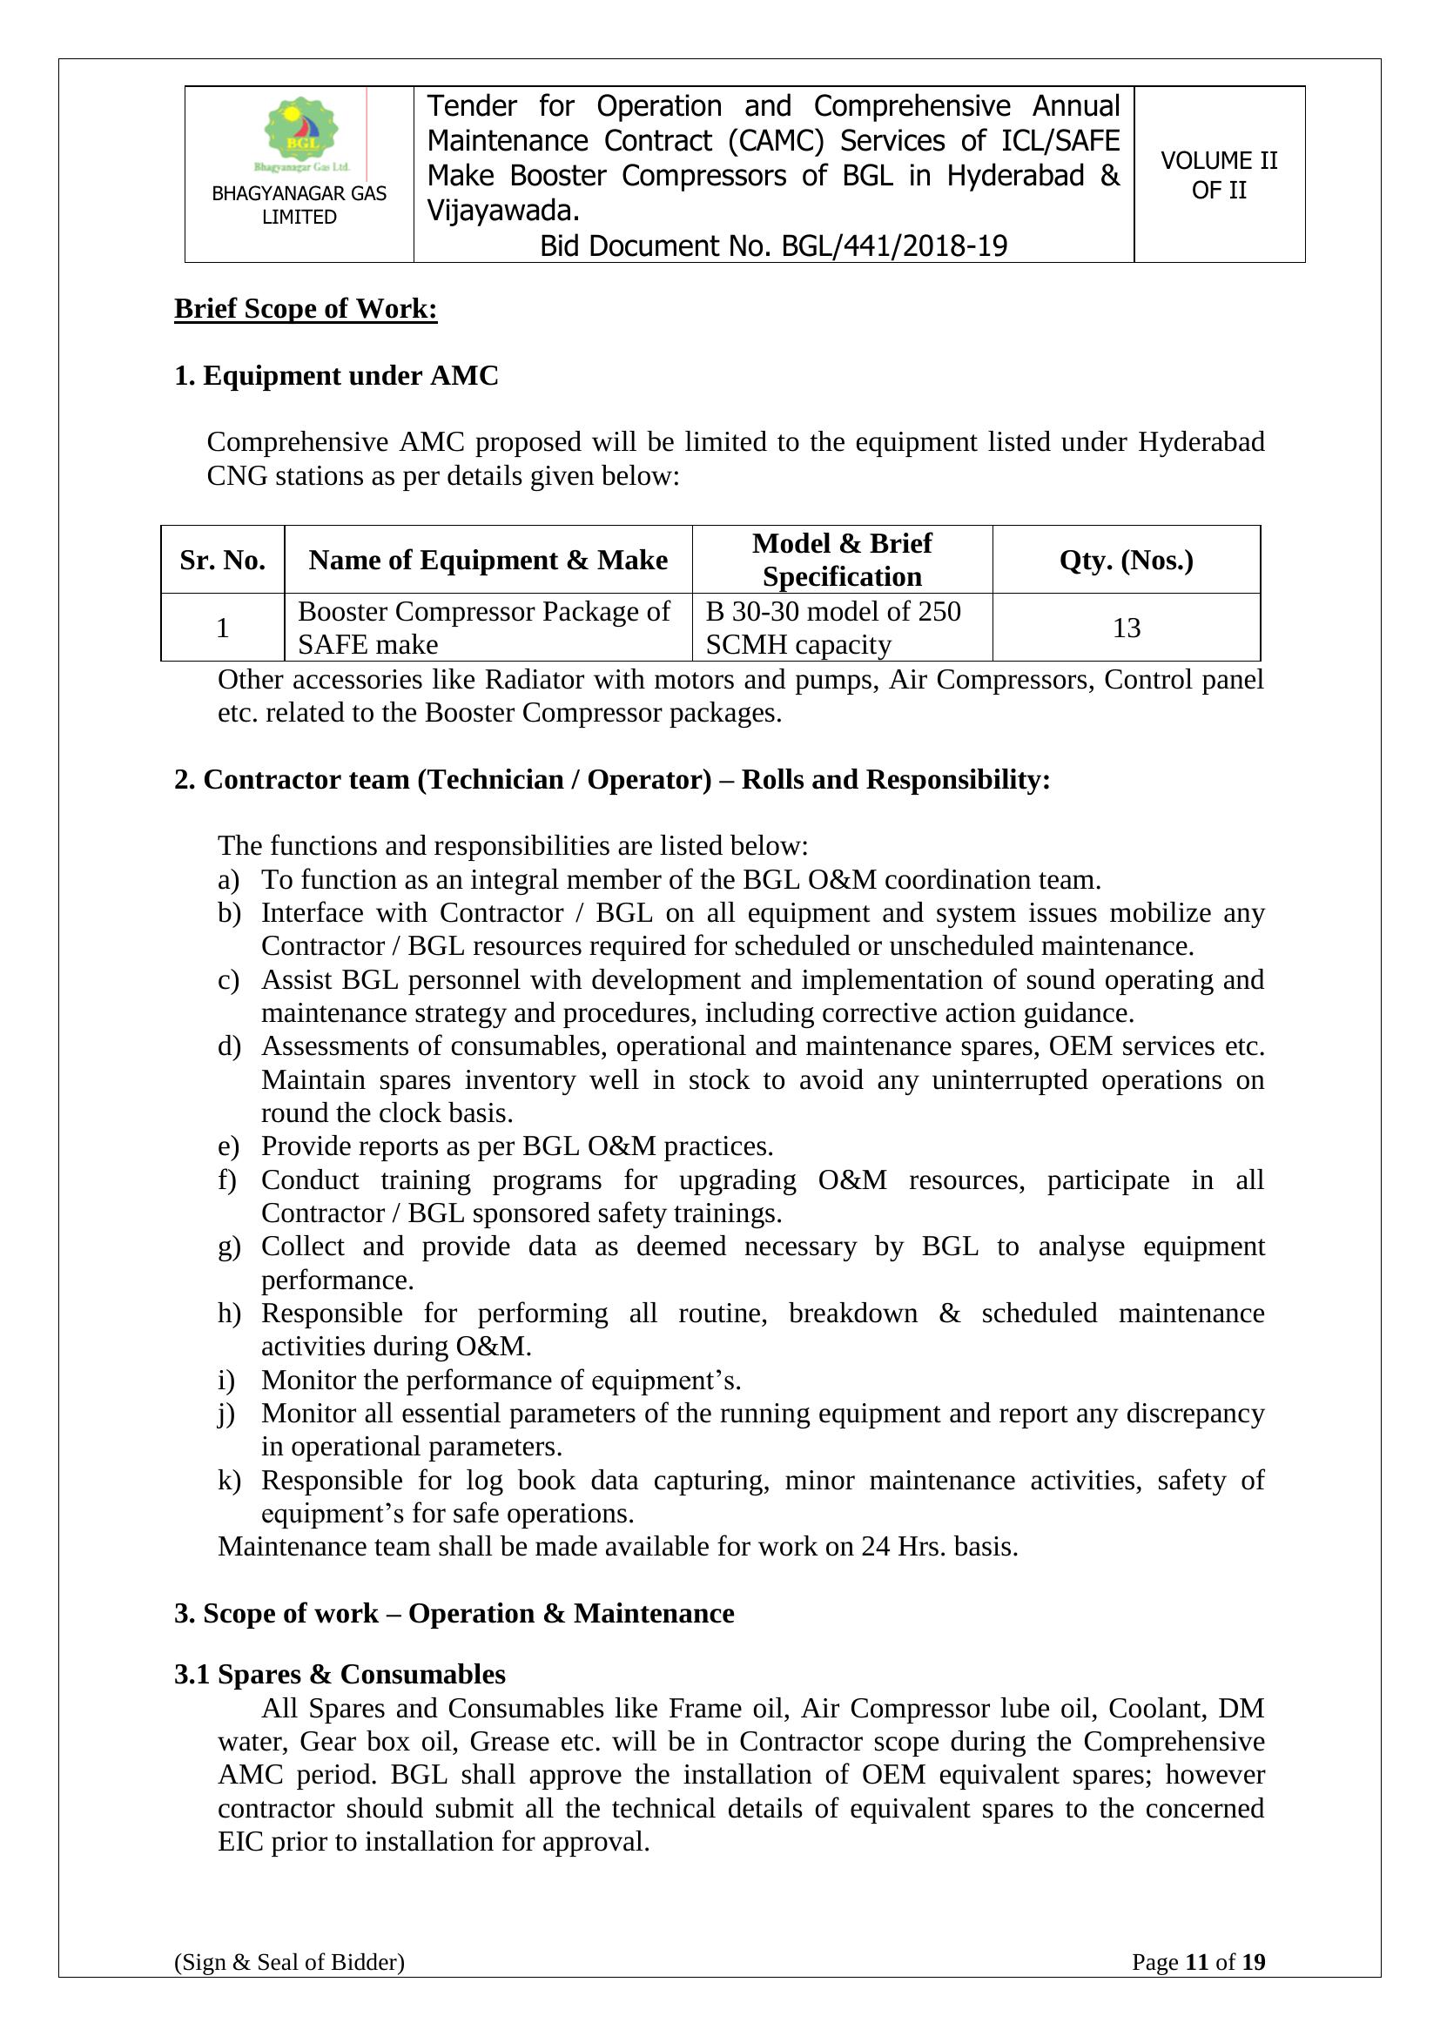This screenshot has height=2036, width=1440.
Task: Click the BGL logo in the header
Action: [301, 133]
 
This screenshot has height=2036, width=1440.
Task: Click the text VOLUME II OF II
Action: [1219, 176]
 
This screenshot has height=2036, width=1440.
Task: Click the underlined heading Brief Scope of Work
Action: [305, 309]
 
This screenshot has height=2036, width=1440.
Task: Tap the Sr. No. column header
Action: [223, 561]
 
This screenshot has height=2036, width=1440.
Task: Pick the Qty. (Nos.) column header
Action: [1126, 561]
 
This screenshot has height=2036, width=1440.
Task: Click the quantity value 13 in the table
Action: [1126, 628]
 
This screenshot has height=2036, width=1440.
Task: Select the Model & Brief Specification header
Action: [842, 560]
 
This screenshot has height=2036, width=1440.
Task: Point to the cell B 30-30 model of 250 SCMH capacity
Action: [832, 628]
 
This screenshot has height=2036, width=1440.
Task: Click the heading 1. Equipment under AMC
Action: [336, 376]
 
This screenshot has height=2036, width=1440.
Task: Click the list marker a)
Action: [229, 880]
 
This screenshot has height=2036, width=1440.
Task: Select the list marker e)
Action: [229, 1146]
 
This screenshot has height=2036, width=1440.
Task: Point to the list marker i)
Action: [226, 1381]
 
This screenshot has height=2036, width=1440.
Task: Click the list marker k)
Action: [229, 1481]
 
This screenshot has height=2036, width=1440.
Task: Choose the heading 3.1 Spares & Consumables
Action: [340, 1674]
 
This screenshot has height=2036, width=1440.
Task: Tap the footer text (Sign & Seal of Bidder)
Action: [289, 1987]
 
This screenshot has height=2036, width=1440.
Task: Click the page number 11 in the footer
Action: [1197, 1987]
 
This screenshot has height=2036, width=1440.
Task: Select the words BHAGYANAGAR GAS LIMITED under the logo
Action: [299, 205]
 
